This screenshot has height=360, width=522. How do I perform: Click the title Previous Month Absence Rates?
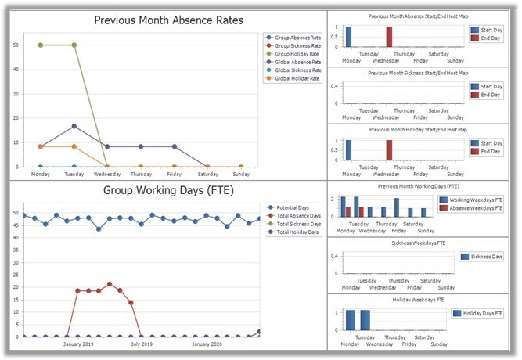(168, 20)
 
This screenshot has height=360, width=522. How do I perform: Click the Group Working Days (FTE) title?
(168, 190)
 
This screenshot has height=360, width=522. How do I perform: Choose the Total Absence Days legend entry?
(298, 216)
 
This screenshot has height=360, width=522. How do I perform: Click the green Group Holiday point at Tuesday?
(74, 45)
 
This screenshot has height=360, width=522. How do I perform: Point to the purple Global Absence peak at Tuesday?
(74, 126)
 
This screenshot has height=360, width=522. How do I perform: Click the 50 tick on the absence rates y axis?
(16, 45)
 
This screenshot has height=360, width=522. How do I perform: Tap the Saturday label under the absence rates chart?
(207, 175)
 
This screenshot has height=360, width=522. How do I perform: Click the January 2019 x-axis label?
(78, 344)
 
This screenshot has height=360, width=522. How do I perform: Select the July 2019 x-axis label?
(142, 344)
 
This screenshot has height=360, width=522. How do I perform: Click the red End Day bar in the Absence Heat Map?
(389, 37)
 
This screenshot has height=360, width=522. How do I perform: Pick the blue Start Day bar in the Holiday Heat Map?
(348, 149)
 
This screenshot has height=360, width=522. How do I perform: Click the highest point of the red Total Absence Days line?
(110, 284)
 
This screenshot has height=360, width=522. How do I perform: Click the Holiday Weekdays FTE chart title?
(408, 300)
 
